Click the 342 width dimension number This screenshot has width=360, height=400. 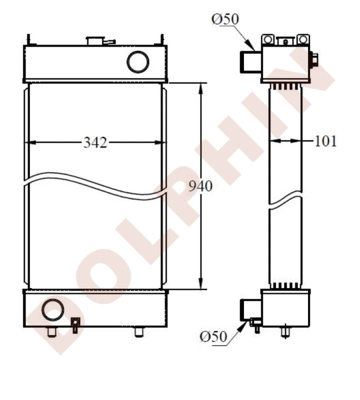pyautogui.click(x=95, y=142)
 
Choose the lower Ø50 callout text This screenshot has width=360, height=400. pyautogui.click(x=214, y=337)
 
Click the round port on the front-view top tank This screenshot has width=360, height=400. pyautogui.click(x=138, y=62)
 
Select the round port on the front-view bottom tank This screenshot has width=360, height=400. pyautogui.click(x=52, y=310)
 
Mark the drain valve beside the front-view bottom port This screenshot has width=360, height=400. pyautogui.click(x=75, y=323)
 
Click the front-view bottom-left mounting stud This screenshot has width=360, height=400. pyautogui.click(x=52, y=332)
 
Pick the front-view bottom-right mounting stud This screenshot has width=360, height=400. pyautogui.click(x=139, y=332)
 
